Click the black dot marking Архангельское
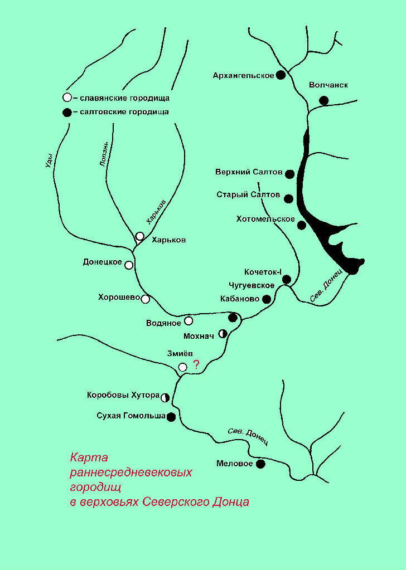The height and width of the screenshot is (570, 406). point(281,75)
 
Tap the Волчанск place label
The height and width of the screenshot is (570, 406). point(328,85)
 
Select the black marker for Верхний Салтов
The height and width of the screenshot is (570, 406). point(289,174)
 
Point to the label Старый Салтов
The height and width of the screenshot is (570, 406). point(248,195)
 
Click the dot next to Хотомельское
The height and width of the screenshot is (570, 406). point(302,225)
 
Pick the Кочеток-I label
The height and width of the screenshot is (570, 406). point(263,272)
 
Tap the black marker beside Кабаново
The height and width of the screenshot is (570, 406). point(267,299)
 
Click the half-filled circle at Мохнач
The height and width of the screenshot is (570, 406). point(223,333)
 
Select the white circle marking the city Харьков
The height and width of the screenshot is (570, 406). point(139,236)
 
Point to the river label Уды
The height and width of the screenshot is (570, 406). point(49,160)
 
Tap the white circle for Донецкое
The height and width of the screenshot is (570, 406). point(129,265)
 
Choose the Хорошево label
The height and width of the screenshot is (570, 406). point(119,298)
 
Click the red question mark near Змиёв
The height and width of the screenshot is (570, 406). point(196,364)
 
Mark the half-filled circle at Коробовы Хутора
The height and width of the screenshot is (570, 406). point(165,397)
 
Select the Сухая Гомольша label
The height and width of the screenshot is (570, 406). point(131,416)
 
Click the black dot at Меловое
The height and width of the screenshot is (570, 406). point(260,464)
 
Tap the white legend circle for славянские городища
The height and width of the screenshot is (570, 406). point(67,98)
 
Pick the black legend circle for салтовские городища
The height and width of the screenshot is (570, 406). point(67,113)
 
